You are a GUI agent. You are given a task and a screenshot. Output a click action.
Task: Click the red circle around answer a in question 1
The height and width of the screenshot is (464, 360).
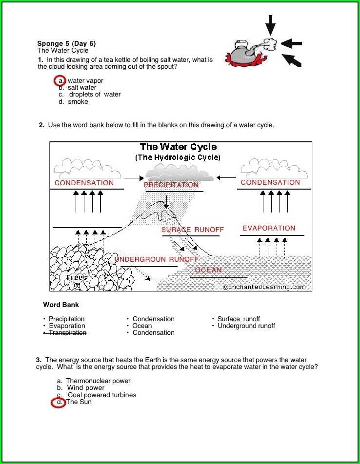coord(60,80)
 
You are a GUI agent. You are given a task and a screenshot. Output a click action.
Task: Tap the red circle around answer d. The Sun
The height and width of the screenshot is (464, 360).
coord(59,403)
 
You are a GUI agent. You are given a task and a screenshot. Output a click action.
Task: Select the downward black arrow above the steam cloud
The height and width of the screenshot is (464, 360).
coord(270,24)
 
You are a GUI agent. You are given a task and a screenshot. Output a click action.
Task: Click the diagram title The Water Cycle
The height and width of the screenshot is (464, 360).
coord(178,147)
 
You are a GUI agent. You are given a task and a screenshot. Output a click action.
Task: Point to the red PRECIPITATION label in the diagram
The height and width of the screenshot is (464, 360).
coord(171,185)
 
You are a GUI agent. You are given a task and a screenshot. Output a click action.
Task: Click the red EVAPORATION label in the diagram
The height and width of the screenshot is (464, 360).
coord(269,228)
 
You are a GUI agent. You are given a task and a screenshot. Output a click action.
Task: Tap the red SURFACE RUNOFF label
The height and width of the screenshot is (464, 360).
coord(193,230)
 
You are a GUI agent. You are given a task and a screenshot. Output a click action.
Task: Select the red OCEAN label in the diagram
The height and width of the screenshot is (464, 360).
coord(208,270)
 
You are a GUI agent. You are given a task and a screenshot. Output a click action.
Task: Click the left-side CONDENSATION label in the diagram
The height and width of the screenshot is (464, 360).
coord(84,183)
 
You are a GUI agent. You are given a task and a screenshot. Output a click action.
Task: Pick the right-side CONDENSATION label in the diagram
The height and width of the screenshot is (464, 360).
coord(270,182)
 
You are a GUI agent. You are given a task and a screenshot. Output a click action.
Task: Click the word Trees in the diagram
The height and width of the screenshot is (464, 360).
coord(76,277)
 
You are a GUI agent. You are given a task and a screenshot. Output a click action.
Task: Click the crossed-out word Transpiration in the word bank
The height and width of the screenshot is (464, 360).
coord(67,333)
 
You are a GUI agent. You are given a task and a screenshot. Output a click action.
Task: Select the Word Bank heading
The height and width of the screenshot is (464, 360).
coord(61,305)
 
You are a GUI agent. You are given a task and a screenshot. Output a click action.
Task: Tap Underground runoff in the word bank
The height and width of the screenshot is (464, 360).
coord(246,326)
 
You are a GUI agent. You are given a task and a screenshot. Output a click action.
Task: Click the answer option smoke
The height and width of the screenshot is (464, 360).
coord(78,102)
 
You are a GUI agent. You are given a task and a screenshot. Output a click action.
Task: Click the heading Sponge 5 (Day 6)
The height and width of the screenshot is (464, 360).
coord(66,43)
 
